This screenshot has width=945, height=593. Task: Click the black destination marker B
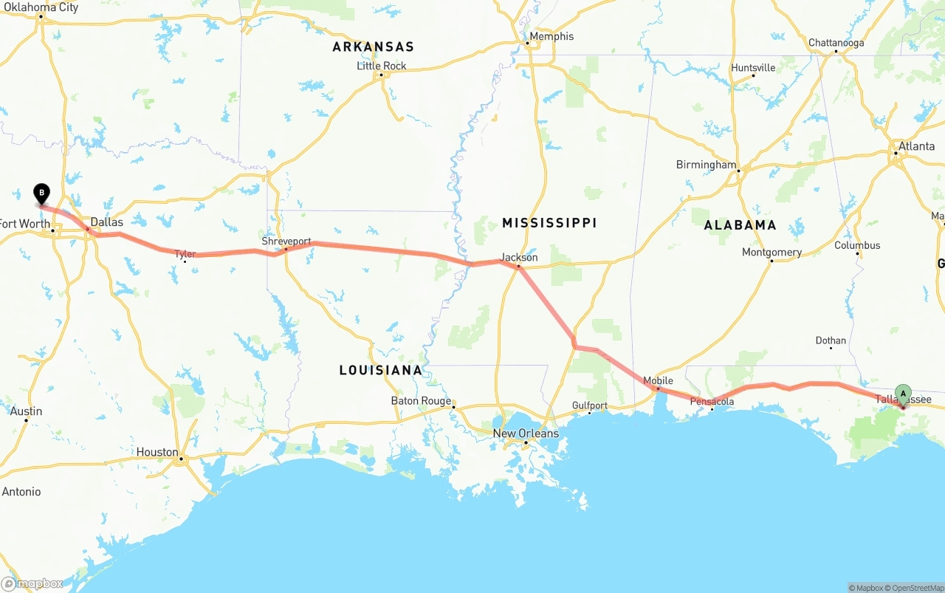[42, 193]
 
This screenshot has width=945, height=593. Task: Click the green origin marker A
[903, 393]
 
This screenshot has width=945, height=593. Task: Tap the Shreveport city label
[286, 241]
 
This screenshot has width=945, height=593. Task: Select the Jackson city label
[519, 257]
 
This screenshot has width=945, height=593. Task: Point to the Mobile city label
[658, 381]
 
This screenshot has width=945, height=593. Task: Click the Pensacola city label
[712, 402]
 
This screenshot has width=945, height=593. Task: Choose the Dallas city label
[106, 222]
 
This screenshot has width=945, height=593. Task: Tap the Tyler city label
[185, 254]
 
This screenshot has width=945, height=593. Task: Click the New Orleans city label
[526, 433]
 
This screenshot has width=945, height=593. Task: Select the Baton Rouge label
[421, 401]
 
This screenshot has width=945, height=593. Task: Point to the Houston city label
[157, 452]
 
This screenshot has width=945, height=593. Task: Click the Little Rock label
[382, 66]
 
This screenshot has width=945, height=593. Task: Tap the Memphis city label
[551, 36]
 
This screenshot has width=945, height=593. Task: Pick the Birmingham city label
[707, 165]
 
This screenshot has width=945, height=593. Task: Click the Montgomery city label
[772, 252]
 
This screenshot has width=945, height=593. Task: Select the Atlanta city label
[916, 146]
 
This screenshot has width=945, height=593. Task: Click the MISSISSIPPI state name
[549, 222]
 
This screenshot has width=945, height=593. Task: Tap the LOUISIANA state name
[381, 370]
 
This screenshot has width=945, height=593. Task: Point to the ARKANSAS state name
[373, 47]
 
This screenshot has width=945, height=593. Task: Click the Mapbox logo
[32, 584]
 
